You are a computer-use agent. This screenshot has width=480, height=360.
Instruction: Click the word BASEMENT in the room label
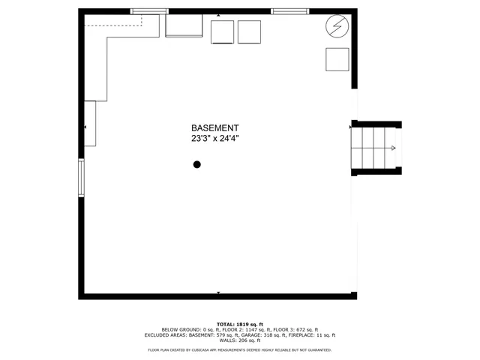click(x=214, y=128)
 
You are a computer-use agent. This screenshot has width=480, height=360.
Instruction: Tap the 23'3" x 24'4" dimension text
click(x=214, y=139)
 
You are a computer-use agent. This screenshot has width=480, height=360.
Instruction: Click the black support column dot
click(x=197, y=164)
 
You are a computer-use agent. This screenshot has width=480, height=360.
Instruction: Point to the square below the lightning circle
click(x=337, y=59)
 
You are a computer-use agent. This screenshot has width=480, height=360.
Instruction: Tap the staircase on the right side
click(x=376, y=148)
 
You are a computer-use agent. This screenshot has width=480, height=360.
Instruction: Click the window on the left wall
click(x=82, y=178)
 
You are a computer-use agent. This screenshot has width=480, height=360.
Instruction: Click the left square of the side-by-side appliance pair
click(x=223, y=32)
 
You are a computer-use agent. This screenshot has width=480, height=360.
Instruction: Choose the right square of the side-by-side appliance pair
click(x=249, y=32)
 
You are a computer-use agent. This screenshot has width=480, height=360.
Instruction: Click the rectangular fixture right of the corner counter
click(x=184, y=25)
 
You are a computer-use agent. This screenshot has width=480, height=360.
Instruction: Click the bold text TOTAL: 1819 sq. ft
click(x=240, y=323)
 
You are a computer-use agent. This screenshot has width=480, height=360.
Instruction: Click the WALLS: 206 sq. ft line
click(x=240, y=340)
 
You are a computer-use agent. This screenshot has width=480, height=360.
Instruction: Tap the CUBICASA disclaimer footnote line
click(x=240, y=350)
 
